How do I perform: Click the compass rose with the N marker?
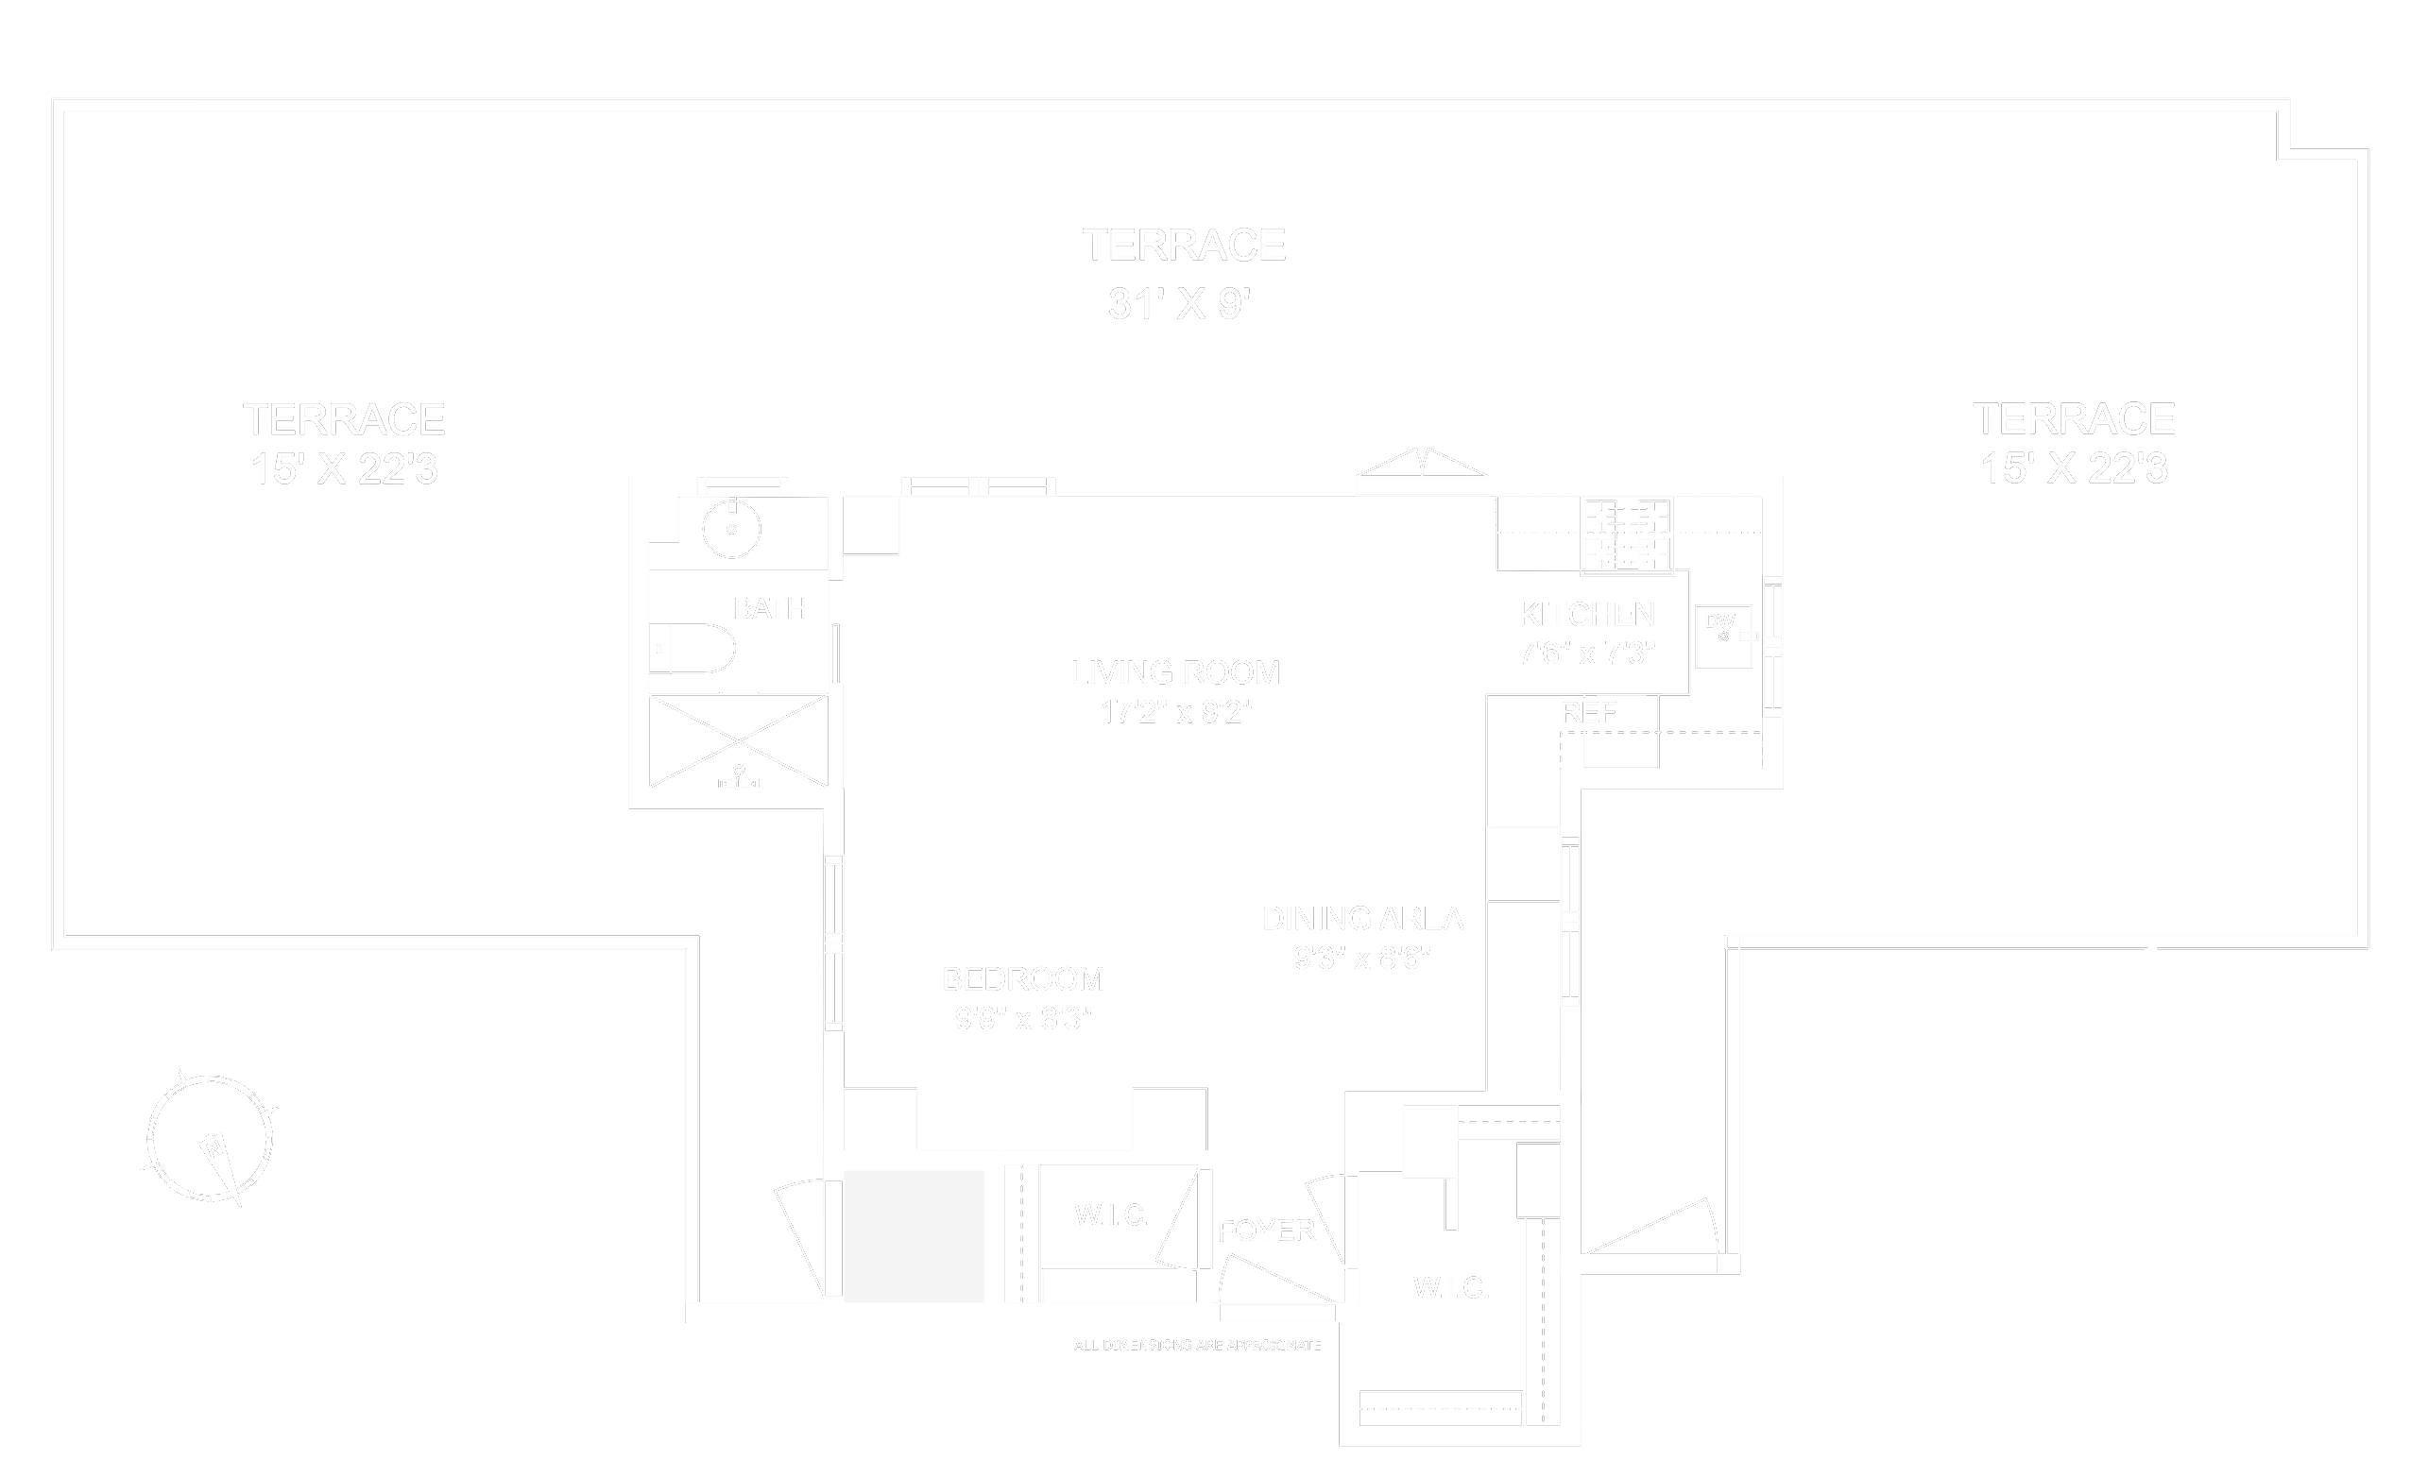pos(210,1140)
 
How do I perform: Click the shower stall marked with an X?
pos(739,739)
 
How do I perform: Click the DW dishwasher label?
pos(1719,621)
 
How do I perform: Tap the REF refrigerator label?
pos(1588,713)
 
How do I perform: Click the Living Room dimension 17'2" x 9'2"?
pos(1176,712)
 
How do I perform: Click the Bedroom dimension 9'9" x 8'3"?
pos(1022,1019)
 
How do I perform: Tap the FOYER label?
pos(1266,1231)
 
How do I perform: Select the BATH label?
pos(770,608)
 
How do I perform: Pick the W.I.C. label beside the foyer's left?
pos(1113,1214)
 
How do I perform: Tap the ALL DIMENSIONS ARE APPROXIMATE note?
pos(1197,1345)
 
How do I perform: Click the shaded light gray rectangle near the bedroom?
pos(914,1235)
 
